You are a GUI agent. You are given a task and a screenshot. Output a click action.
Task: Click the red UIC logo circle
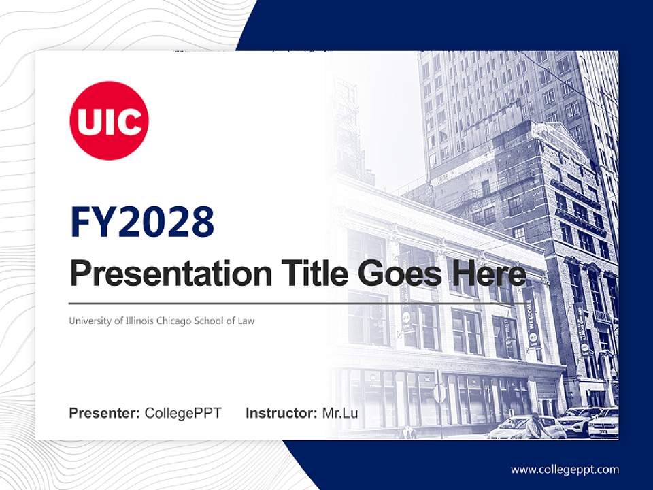point(109,120)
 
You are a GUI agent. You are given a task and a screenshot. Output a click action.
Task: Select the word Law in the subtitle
point(246,321)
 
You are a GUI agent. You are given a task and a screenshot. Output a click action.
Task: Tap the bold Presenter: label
point(105,413)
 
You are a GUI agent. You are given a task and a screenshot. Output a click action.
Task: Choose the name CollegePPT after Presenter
point(183,413)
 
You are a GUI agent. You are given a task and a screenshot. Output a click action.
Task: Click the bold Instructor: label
point(281,413)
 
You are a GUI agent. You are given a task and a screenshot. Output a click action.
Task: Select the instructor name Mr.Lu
point(340,413)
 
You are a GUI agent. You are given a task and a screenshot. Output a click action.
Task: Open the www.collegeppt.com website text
point(565,469)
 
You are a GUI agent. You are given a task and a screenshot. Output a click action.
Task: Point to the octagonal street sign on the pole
point(440,393)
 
